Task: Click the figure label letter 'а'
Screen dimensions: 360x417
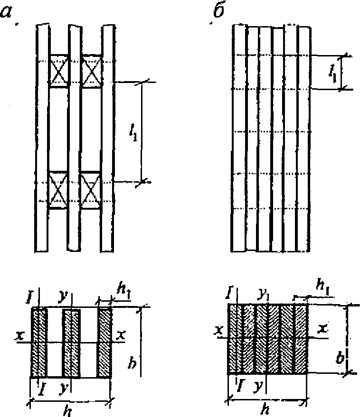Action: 8,12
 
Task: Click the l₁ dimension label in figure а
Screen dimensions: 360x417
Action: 136,130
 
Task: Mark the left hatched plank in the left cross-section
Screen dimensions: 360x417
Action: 39,343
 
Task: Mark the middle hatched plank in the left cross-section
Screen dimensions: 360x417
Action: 71,343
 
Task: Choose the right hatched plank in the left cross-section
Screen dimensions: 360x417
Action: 104,343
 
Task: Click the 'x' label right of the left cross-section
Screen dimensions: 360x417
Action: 121,334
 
